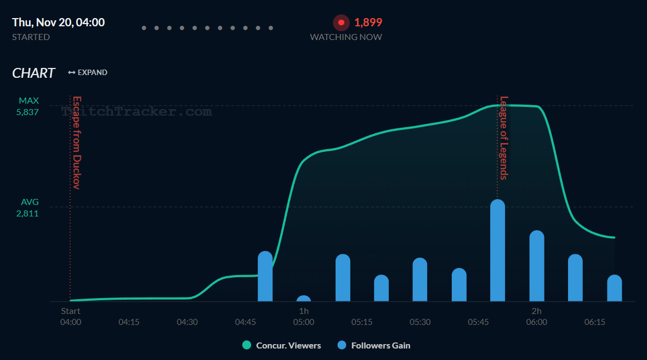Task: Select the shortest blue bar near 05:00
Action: click(x=304, y=299)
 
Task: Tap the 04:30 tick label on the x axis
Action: click(x=187, y=322)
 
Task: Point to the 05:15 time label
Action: click(x=362, y=322)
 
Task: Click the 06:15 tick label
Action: click(x=595, y=322)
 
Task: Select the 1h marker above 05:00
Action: click(x=304, y=311)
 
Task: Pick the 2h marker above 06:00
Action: click(x=536, y=311)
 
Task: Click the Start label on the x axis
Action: click(x=71, y=311)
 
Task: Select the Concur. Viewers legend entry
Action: click(x=282, y=345)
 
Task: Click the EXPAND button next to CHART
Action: click(x=88, y=72)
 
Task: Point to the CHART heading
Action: click(x=33, y=73)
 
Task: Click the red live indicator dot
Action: click(x=341, y=22)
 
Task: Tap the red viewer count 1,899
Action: click(x=368, y=22)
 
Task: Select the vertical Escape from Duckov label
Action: click(x=77, y=142)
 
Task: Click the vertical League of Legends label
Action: click(x=503, y=138)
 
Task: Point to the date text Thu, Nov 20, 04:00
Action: click(x=58, y=22)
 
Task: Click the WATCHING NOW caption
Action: click(x=346, y=37)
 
